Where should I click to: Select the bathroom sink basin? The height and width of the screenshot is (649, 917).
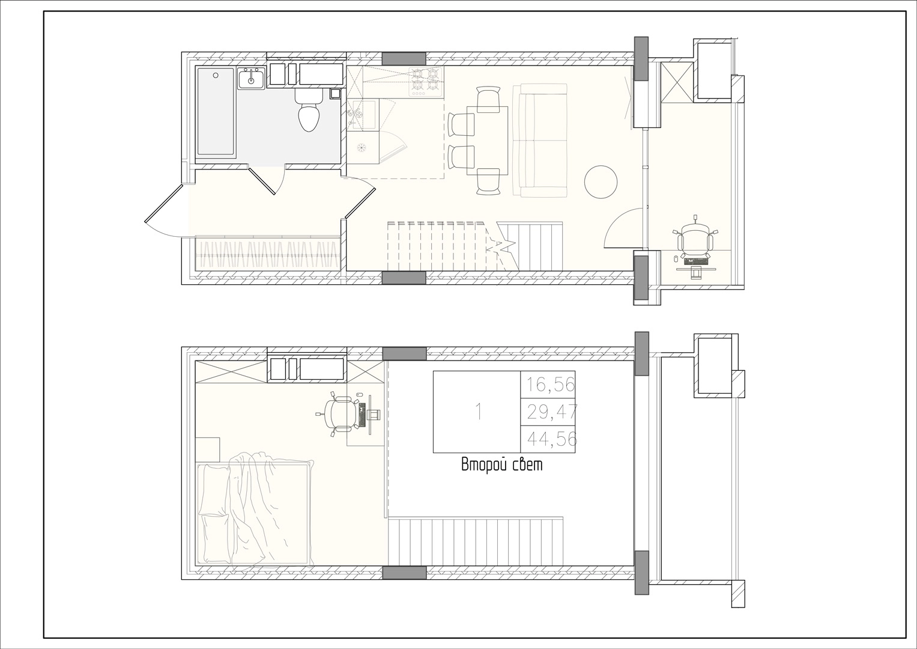252,78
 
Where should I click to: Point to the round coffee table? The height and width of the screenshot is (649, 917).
601,182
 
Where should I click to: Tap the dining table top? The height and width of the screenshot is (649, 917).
488,141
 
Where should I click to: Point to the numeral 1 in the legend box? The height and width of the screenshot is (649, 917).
477,412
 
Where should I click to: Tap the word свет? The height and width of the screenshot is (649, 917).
528,466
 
